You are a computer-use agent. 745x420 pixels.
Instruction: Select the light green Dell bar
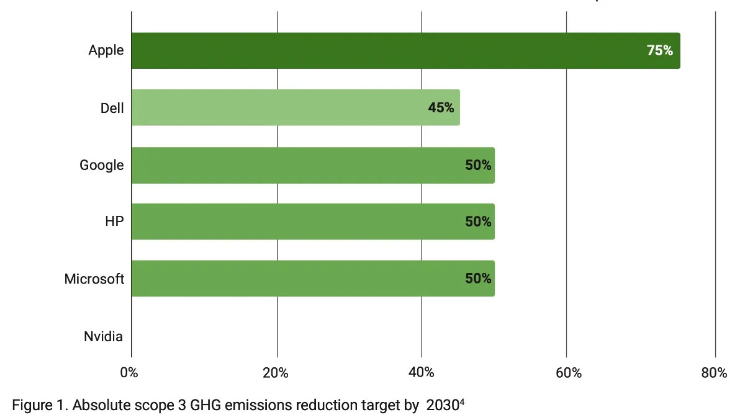[296, 107]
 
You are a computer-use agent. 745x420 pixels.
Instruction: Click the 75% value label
[660, 51]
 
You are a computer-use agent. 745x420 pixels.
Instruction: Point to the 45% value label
[441, 108]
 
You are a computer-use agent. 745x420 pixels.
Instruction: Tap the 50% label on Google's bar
[478, 165]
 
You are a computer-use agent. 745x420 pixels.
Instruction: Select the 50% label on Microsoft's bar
[478, 279]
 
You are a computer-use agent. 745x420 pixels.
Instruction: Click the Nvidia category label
[103, 337]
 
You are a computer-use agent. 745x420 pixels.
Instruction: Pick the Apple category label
[106, 50]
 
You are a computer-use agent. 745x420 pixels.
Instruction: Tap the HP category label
[114, 221]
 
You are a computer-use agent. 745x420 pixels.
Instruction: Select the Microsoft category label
[94, 279]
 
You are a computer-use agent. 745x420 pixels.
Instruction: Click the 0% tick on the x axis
[129, 373]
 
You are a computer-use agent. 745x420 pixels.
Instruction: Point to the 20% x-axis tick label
[275, 373]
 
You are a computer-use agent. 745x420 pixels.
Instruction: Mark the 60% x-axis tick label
[569, 373]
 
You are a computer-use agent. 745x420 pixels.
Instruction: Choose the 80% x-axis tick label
[715, 373]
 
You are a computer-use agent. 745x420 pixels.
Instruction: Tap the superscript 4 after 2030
[463, 402]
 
